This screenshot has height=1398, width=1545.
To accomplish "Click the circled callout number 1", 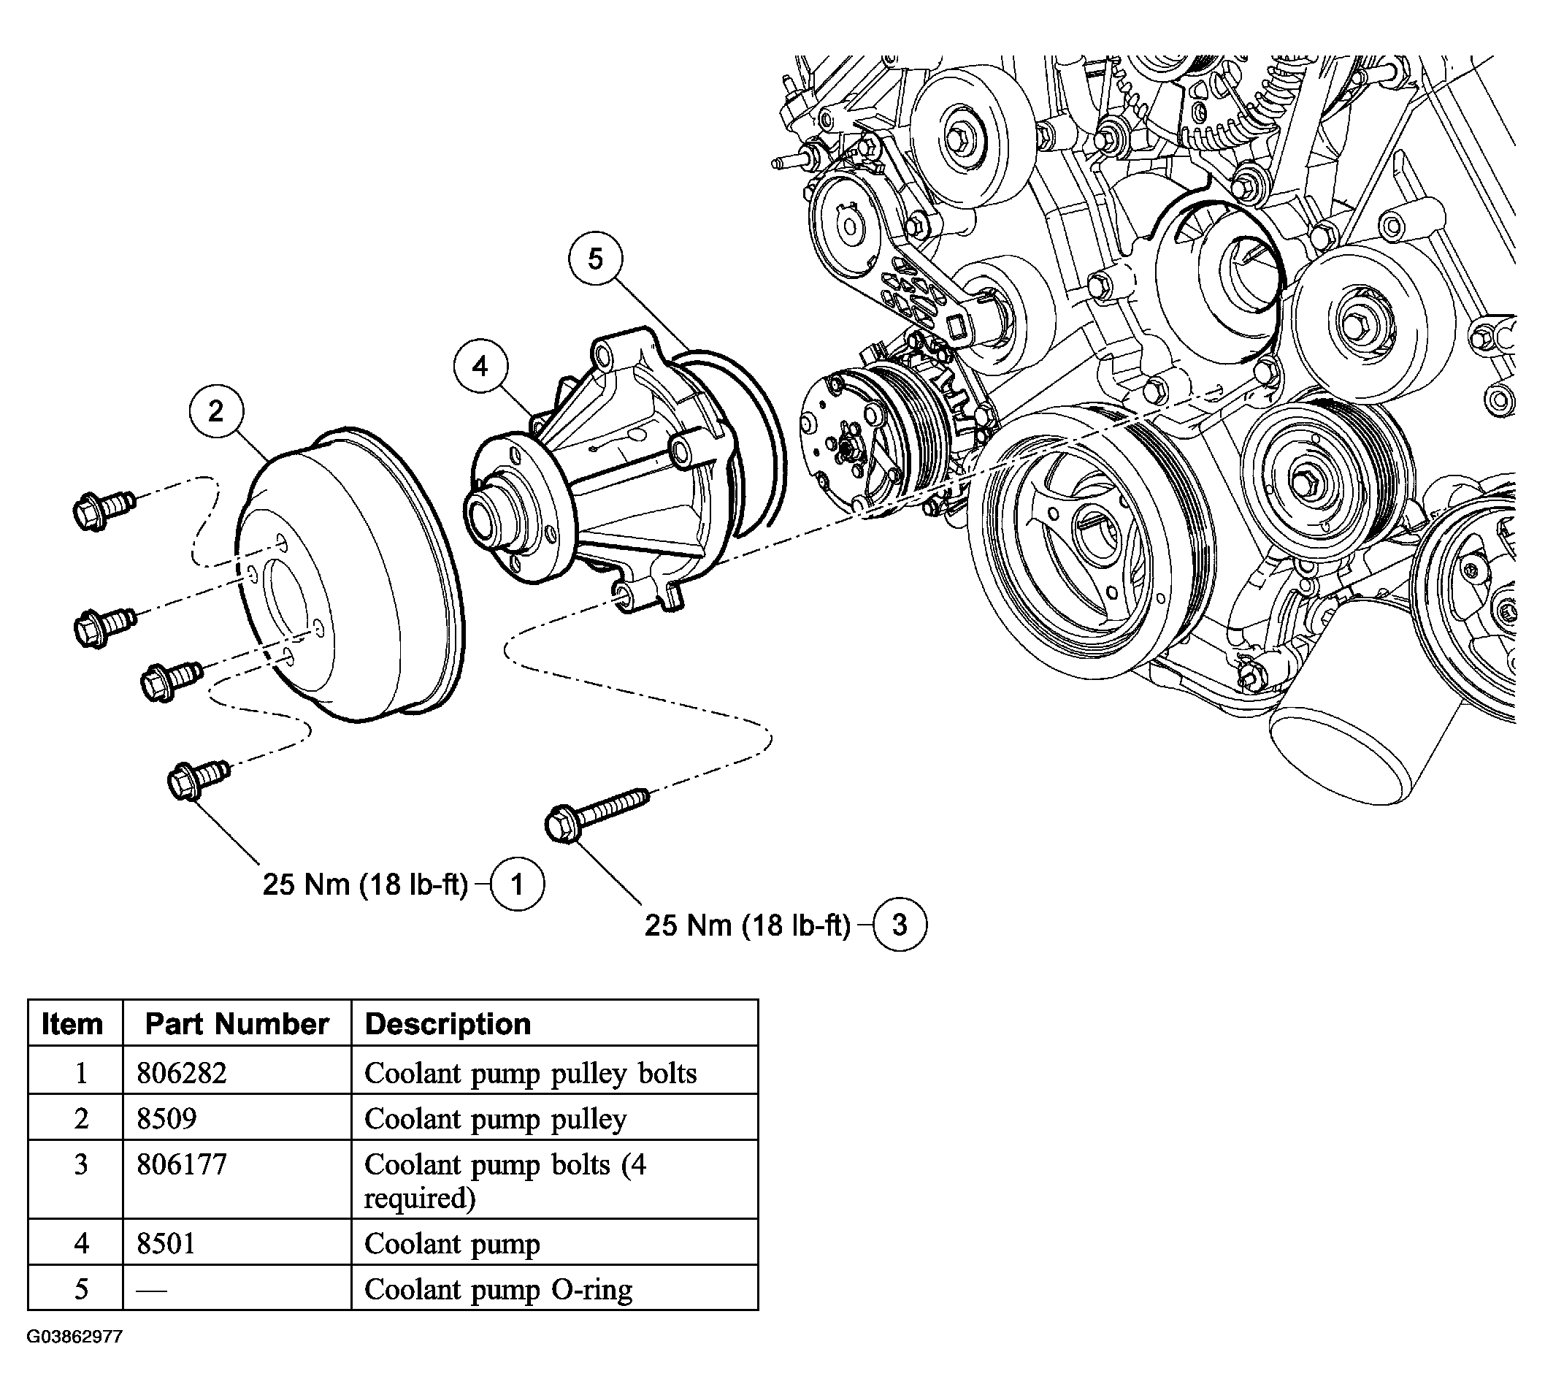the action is [x=517, y=885].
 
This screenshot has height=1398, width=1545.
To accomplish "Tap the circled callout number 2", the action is [x=217, y=411].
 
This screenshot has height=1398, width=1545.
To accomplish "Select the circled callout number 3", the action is [x=900, y=925].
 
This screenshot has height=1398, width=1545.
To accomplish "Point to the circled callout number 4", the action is [x=480, y=367].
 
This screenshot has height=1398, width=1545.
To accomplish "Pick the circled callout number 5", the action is [x=596, y=259].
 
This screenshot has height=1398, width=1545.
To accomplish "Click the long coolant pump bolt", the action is [x=597, y=814].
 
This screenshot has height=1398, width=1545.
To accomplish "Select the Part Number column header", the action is [x=237, y=1024].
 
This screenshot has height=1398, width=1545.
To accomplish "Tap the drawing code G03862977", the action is [x=74, y=1337].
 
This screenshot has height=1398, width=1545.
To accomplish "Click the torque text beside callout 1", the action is [x=365, y=885].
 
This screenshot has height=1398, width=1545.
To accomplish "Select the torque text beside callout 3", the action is [x=747, y=925].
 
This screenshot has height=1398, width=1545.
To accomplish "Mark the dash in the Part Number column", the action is [x=151, y=1290].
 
